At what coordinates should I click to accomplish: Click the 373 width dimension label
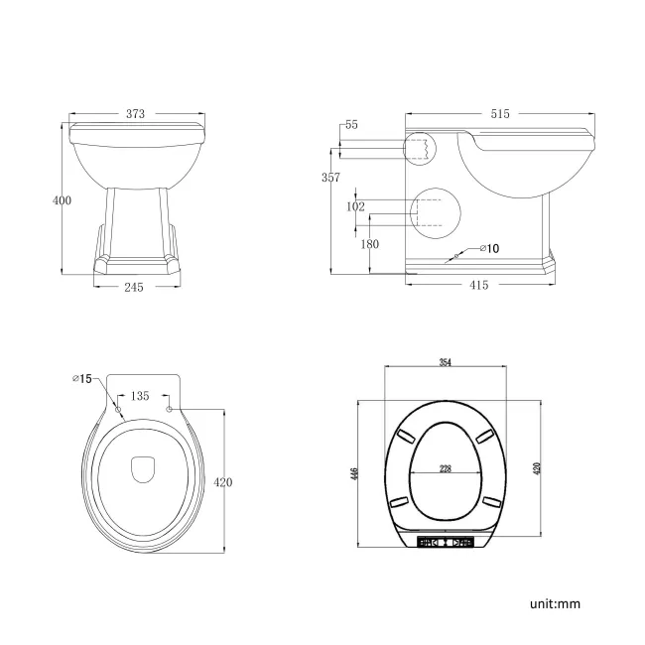coord(136,114)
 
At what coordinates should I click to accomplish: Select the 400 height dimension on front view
coord(62,200)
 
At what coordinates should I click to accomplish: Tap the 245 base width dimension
coord(135,287)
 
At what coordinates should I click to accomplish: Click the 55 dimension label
coord(350,125)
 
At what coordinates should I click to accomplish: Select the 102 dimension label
coord(354,207)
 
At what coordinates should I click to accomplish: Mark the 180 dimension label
coord(370,244)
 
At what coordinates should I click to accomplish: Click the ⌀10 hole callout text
coord(489,247)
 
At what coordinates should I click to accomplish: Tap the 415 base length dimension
coord(479,286)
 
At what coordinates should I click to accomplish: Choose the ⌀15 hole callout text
coord(82,378)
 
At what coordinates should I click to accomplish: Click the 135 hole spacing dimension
coord(141,395)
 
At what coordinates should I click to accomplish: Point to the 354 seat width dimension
coord(446,363)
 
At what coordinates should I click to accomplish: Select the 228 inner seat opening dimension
coord(446,469)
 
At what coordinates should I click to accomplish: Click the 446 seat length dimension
coord(354,473)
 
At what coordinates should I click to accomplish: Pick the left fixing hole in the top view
coord(118,408)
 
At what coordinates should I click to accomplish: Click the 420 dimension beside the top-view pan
coord(223,482)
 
